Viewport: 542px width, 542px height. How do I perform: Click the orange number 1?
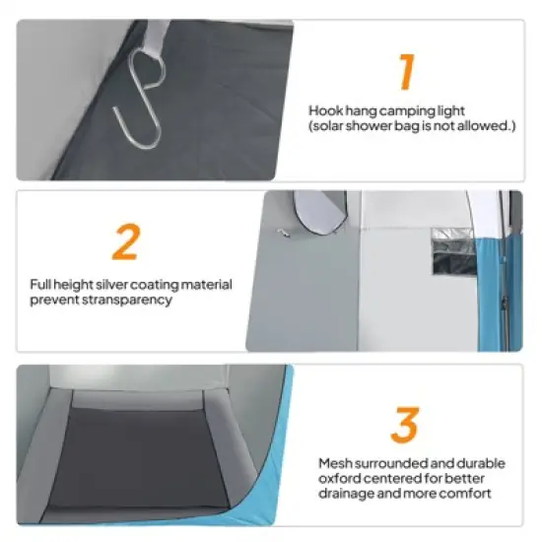click(x=406, y=72)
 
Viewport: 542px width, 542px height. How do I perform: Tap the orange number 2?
click(x=126, y=241)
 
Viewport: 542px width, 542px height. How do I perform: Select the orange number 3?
click(x=405, y=425)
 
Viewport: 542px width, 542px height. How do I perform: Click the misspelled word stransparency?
click(x=127, y=301)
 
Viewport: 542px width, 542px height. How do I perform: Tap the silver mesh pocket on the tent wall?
click(x=454, y=251)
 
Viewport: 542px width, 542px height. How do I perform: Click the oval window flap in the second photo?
click(x=320, y=213)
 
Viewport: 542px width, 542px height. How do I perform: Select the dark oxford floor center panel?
click(x=137, y=460)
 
